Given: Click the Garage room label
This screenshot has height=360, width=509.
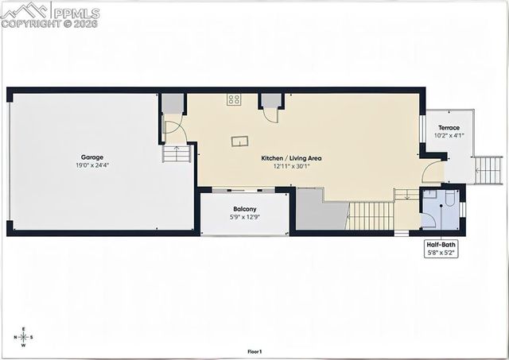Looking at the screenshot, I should (91, 157).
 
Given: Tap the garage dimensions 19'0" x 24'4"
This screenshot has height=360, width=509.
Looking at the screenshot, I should (91, 165).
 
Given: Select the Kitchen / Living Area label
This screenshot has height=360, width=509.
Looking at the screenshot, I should (291, 157).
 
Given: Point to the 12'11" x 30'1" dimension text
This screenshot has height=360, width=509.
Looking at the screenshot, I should (291, 165).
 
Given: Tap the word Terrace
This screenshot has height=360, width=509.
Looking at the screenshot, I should (449, 127).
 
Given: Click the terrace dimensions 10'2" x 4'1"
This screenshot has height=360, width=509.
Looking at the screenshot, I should (449, 135).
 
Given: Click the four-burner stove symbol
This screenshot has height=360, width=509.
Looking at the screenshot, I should (234, 99).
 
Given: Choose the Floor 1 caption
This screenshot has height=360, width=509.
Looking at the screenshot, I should (254, 351).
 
